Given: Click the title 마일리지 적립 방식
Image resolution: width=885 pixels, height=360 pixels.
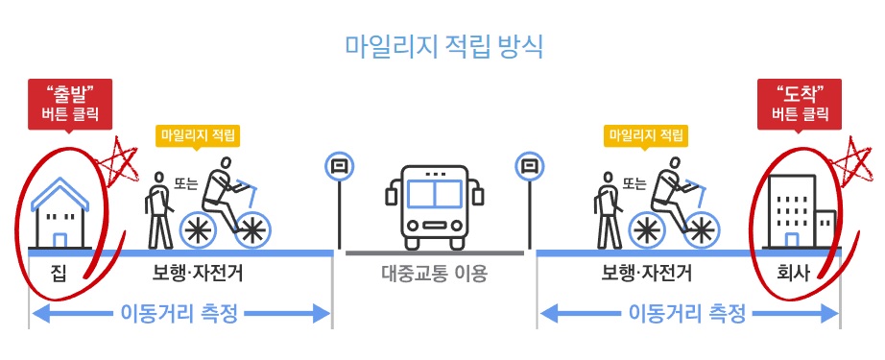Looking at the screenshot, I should [443, 47].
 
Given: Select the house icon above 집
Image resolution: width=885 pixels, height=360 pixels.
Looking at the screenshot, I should [60, 216].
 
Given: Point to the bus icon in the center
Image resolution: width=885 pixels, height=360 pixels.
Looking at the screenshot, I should [434, 206].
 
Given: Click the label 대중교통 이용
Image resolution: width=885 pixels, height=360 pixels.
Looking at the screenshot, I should [434, 275].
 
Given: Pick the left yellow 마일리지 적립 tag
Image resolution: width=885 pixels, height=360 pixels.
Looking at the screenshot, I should [198, 134].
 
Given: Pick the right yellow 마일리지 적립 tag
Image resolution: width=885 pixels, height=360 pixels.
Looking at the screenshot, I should [644, 134].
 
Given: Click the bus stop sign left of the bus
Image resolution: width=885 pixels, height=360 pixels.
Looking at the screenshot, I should [339, 166].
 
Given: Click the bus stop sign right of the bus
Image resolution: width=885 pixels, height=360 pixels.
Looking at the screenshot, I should [527, 166].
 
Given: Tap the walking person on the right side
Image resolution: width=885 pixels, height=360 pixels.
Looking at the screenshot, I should [607, 208].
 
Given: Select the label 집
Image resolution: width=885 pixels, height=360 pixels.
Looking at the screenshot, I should [60, 275].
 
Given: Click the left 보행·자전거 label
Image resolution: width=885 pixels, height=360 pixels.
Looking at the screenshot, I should [198, 275].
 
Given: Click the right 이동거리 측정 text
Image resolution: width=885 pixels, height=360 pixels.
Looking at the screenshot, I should [687, 313].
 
